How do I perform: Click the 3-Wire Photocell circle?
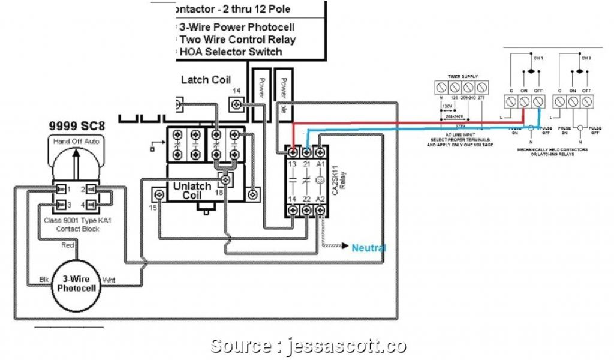point(73,285)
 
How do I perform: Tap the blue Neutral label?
point(369,248)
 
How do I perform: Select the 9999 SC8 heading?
point(74,126)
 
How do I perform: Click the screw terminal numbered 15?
point(159,194)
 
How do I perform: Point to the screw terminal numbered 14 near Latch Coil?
point(238,105)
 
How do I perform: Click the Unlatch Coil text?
point(192,191)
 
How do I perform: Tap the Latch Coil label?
point(206,80)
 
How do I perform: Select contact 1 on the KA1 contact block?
point(61,190)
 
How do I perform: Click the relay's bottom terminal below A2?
point(321,211)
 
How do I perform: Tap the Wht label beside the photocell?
point(110,279)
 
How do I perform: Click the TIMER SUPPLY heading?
point(462,76)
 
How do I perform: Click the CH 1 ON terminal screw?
point(524,102)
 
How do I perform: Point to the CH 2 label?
point(585,58)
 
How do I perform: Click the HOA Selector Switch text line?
point(231,52)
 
